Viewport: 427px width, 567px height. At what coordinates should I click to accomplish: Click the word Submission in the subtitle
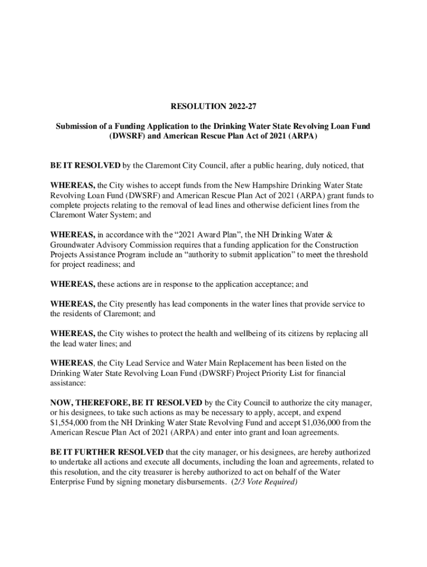[78, 127]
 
